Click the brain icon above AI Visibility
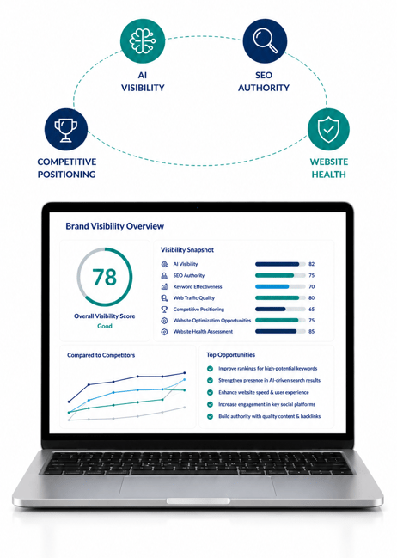pos(143,41)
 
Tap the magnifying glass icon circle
pos(265,41)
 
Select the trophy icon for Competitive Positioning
pos(66,130)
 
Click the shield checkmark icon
pos(328,129)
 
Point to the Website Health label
pos(329,168)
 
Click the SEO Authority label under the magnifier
pos(264,82)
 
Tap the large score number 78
pos(104,277)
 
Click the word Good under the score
pos(105,326)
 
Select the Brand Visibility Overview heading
pos(114,226)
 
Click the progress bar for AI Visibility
pos(280,264)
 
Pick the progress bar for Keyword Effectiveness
pos(280,286)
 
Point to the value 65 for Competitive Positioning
pos(312,309)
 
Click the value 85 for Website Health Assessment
pos(312,331)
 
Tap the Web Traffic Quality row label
pos(194,297)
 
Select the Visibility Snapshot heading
pos(187,250)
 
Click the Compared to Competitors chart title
pos(101,355)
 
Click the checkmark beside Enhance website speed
pos(211,392)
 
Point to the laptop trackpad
pos(198,487)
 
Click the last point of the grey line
pos(184,408)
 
